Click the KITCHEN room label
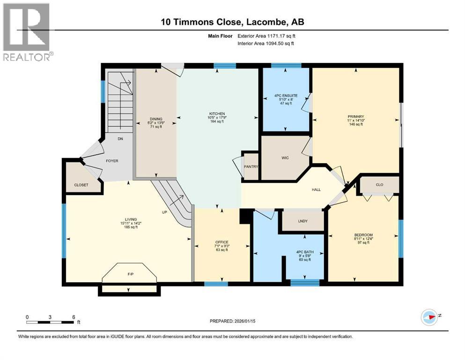[217, 113]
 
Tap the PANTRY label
[251, 166]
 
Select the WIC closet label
[285, 158]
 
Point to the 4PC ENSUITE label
[286, 96]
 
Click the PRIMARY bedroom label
[356, 117]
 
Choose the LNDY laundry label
[303, 221]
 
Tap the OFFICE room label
[222, 242]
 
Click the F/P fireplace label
[131, 274]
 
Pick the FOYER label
[112, 161]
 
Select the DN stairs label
[120, 139]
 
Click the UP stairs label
[164, 212]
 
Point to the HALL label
[316, 190]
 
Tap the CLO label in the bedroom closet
[380, 185]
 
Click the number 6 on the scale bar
[74, 317]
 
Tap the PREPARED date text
[232, 321]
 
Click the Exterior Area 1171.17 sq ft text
[266, 36]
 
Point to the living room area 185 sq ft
[131, 227]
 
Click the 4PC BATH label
[305, 252]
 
